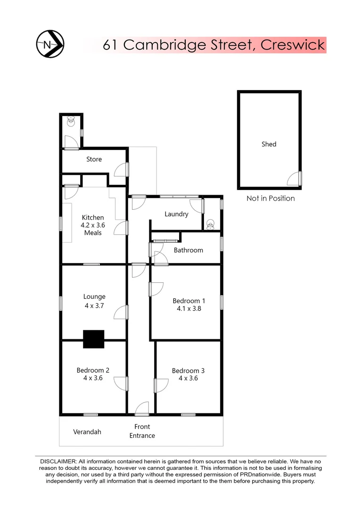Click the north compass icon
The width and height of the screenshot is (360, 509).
click(50, 45)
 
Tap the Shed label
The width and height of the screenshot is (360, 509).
click(269, 144)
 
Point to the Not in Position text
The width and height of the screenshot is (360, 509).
click(270, 198)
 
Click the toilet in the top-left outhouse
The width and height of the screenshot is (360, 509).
click(71, 122)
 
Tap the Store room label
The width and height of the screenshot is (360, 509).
click(94, 159)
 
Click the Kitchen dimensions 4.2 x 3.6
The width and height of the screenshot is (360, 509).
click(93, 225)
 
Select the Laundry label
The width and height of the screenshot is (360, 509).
click(177, 214)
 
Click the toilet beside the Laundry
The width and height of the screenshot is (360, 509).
click(211, 224)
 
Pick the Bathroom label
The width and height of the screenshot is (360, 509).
click(188, 250)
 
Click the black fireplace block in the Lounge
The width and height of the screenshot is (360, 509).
click(93, 339)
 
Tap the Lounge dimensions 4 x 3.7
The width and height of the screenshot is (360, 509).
click(94, 305)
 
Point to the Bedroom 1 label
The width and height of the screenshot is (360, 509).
click(189, 301)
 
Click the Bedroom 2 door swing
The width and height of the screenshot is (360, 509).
click(122, 383)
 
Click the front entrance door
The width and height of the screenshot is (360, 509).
click(142, 409)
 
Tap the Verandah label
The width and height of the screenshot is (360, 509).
click(87, 432)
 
